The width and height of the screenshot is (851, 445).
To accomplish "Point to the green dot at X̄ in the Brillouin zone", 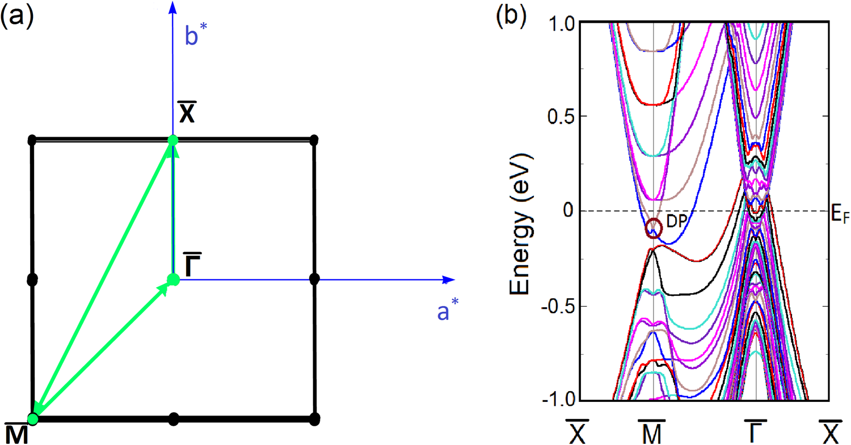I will click(173, 139).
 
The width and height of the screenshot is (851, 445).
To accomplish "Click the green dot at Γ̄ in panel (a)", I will click(174, 279).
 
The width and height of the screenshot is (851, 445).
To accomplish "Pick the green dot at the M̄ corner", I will click(33, 419).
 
